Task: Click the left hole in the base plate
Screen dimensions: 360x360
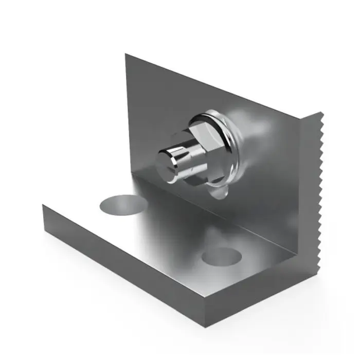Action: point(121,204)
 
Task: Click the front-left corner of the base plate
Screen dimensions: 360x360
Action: point(44,206)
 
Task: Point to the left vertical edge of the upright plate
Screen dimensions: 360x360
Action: point(125,113)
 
